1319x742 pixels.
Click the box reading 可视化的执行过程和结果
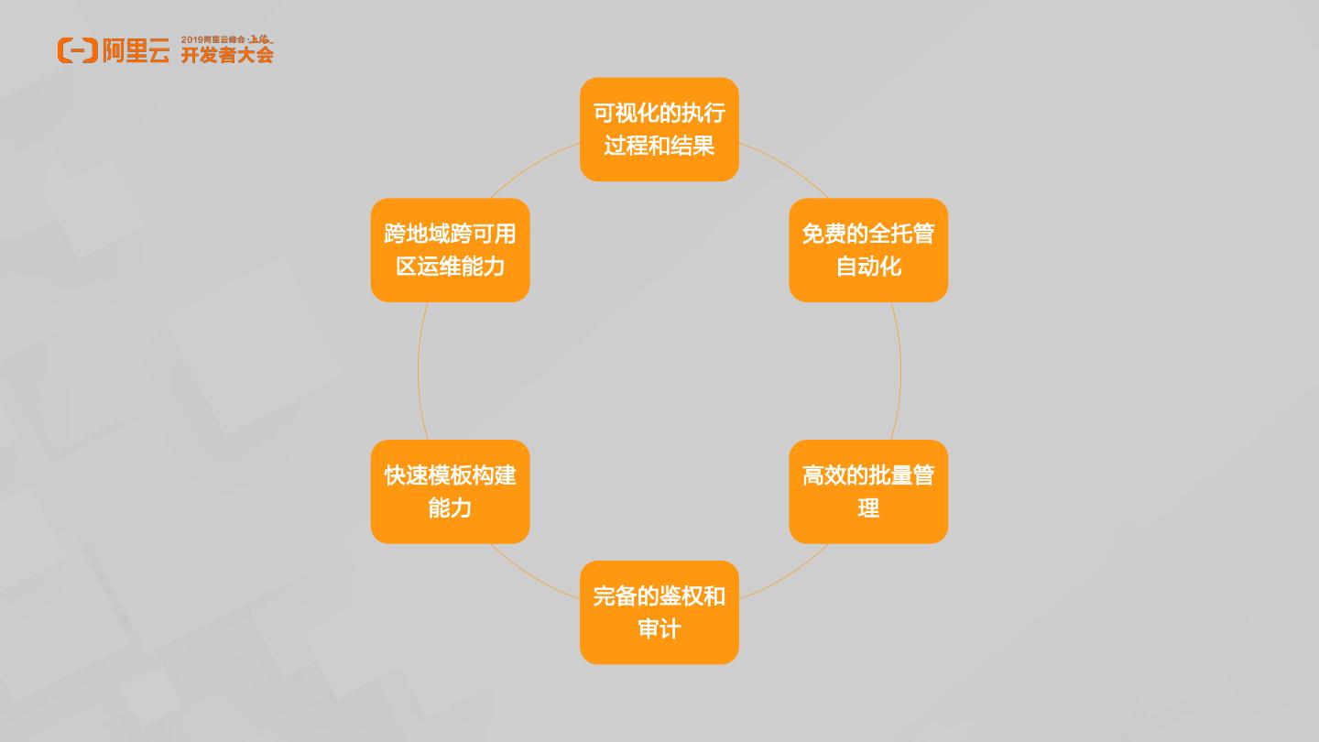click(x=659, y=129)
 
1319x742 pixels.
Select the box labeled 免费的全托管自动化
click(x=867, y=250)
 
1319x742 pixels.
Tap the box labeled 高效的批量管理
click(x=867, y=492)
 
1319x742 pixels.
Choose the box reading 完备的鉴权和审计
click(x=659, y=612)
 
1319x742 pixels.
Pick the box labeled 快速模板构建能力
click(x=450, y=492)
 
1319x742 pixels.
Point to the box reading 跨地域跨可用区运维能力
click(x=450, y=250)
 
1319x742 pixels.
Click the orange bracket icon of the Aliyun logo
click(x=77, y=50)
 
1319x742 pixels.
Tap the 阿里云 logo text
click(x=136, y=51)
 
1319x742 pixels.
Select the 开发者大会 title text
click(x=227, y=55)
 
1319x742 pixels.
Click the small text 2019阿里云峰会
click(x=213, y=39)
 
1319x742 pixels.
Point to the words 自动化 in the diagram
click(x=868, y=267)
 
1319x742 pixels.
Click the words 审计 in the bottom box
click(x=659, y=629)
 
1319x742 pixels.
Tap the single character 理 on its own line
click(x=868, y=508)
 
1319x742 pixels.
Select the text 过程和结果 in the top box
click(x=659, y=147)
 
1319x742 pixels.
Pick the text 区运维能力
click(x=450, y=267)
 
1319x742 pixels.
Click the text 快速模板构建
click(x=450, y=475)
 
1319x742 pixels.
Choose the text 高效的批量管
click(x=867, y=475)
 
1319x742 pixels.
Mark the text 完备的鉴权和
click(x=659, y=596)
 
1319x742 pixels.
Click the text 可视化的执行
click(x=659, y=113)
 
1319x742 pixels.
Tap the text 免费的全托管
click(x=867, y=234)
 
